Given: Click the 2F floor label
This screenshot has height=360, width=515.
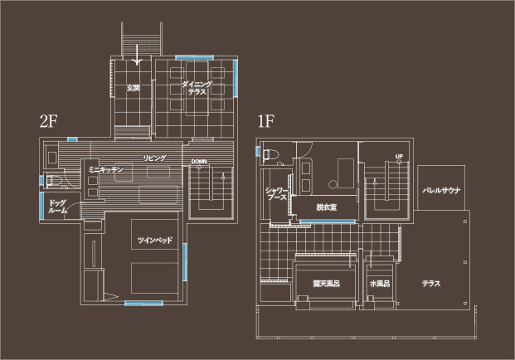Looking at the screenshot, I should click(46, 121).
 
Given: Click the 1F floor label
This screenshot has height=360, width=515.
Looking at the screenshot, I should click(265, 121).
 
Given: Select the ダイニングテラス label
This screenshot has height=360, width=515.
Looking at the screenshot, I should click(197, 89).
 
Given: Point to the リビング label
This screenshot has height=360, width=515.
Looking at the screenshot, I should click(154, 158).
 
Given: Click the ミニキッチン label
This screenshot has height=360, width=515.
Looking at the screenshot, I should click(105, 169).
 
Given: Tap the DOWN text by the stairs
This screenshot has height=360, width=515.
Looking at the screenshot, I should click(198, 161).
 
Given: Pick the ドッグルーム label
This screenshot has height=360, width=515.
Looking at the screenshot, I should click(57, 207).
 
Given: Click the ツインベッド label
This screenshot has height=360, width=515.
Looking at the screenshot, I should click(153, 240).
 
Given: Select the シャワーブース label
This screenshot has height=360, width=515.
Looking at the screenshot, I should click(276, 194).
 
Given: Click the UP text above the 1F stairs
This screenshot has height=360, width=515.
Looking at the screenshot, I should click(399, 157).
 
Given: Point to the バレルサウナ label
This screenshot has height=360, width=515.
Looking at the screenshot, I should click(441, 190).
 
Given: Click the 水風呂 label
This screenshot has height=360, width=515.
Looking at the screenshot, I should click(380, 284).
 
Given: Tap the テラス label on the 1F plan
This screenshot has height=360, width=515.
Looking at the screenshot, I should click(431, 284).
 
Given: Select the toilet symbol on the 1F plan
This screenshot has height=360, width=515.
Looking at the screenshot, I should click(270, 153).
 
